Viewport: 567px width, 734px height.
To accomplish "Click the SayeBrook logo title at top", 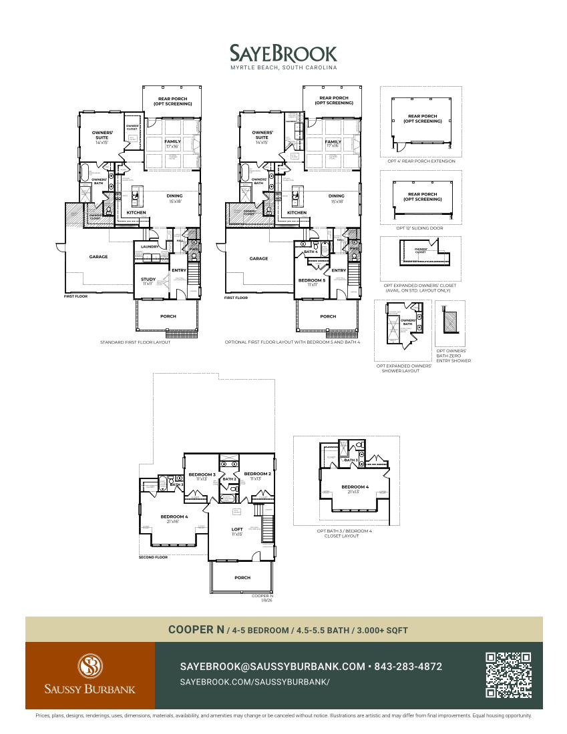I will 283,53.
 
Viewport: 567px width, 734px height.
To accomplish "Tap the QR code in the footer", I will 508,675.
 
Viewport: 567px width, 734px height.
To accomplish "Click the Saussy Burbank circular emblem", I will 90,666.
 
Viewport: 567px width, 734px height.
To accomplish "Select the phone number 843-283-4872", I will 408,667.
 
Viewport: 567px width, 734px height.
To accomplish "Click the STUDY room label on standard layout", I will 148,279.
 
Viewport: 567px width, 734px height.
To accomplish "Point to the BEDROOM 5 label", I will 311,280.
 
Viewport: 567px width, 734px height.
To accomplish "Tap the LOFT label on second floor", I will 237,529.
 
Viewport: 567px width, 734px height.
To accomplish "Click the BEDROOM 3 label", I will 202,474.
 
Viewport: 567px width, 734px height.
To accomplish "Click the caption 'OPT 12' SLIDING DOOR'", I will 419,228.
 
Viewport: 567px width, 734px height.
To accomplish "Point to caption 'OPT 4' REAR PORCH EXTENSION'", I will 421,161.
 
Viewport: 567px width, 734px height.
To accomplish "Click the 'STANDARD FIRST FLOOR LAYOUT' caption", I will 135,342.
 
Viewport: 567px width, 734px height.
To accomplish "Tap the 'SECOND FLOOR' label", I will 153,557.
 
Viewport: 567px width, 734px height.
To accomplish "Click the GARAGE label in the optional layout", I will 258,258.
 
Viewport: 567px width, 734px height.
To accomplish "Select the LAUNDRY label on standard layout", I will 150,246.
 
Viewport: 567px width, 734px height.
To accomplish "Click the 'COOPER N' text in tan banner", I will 196,629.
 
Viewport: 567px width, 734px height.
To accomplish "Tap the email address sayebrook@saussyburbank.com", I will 272,667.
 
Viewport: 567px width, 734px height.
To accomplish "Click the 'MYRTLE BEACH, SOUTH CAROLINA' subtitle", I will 283,68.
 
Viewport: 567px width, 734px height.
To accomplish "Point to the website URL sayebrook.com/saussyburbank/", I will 254,682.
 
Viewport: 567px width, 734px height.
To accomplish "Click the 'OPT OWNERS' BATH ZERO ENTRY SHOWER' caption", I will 453,356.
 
